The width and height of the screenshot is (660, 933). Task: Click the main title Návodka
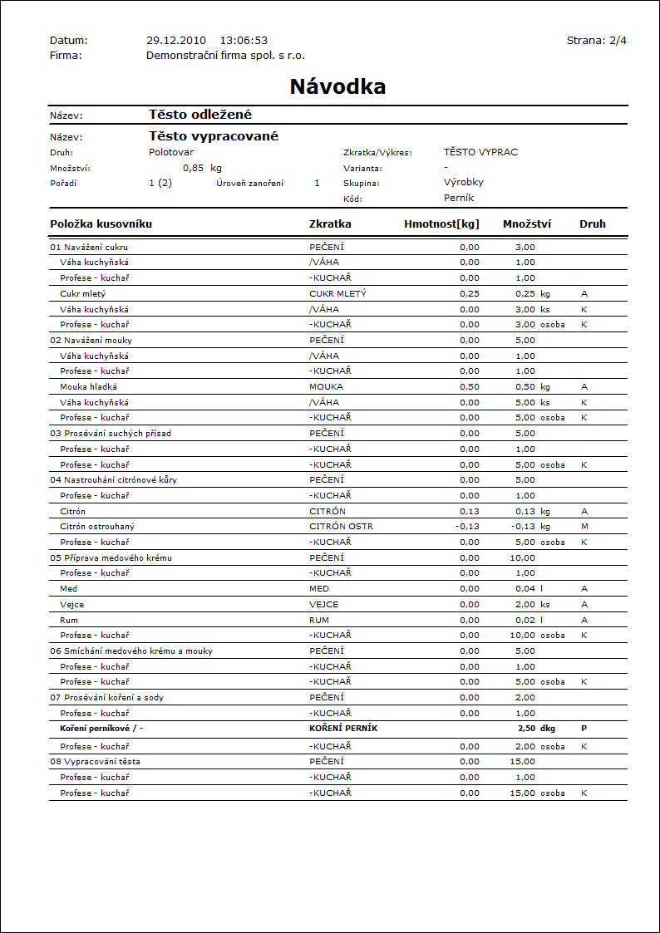pos(337,86)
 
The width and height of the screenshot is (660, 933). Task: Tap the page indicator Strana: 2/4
pos(597,40)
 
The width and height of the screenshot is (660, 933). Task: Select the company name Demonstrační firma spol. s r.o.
pos(225,55)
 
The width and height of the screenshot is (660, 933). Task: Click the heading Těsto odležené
pos(200,115)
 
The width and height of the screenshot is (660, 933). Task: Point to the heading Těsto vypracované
pos(214,136)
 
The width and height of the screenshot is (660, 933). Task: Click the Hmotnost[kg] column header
pos(441,223)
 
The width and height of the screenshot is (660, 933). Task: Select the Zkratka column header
pos(330,223)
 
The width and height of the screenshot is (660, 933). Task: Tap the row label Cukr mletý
pos(83,293)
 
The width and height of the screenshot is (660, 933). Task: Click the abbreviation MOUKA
pos(326,386)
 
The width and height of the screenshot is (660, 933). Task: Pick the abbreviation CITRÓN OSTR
pos(341,527)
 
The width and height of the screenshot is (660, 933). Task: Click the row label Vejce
pos(71,604)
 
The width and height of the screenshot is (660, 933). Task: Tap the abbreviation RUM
pos(319,620)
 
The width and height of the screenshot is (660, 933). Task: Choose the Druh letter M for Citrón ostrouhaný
pos(584,527)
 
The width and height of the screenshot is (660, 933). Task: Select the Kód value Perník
pos(459,198)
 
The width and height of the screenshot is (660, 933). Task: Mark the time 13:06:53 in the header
pos(244,40)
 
